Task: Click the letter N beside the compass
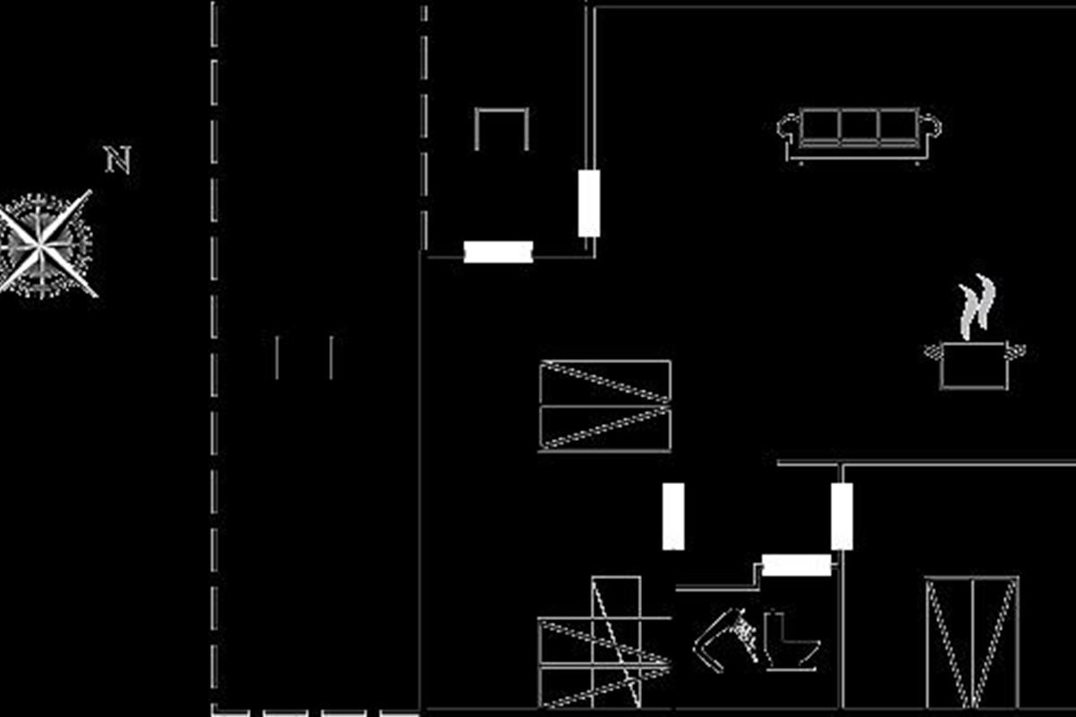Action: click(x=118, y=160)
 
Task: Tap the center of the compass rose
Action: click(x=40, y=246)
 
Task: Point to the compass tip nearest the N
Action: click(x=90, y=192)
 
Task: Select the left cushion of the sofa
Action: click(x=820, y=125)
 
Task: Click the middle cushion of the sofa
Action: click(x=859, y=125)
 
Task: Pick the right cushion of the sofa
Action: click(x=899, y=125)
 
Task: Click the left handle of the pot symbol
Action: click(x=933, y=352)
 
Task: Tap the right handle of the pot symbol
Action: click(x=1017, y=352)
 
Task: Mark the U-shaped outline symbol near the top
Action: click(x=501, y=110)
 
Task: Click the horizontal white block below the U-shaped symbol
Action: click(x=499, y=252)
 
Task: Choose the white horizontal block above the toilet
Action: click(x=796, y=566)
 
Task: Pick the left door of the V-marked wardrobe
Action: click(x=950, y=642)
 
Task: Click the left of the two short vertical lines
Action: click(x=277, y=358)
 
